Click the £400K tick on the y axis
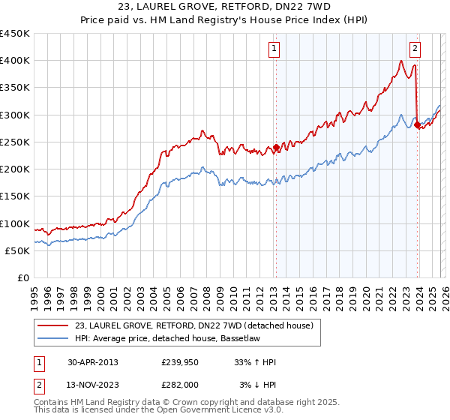(15, 61)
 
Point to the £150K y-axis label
(15, 196)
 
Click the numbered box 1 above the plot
(274, 49)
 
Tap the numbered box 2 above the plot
(415, 49)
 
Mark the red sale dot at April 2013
(276, 147)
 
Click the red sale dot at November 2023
(417, 124)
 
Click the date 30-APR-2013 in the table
(92, 362)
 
